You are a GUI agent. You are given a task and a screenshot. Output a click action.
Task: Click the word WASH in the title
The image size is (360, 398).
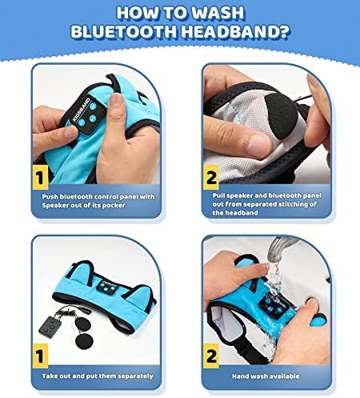pos(218,13)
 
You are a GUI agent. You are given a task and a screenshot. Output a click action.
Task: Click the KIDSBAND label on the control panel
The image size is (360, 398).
pos(81,110)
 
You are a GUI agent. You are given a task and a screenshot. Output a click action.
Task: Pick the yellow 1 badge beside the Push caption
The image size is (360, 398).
pos(40,177)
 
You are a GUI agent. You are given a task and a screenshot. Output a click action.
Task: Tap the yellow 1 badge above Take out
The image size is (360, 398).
pos(40,356)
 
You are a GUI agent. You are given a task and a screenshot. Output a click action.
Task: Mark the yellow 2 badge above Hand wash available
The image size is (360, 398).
pos(211,356)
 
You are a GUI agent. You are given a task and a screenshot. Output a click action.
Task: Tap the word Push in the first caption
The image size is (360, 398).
pos(50,197)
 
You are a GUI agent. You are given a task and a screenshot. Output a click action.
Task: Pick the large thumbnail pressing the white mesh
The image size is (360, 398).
pos(257,146)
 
